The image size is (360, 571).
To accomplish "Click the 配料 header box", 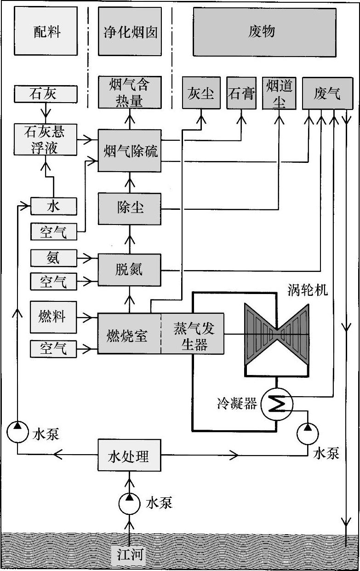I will click(47, 31).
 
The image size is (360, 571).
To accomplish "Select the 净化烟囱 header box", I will click(130, 31).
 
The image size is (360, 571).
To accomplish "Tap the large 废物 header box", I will click(264, 31).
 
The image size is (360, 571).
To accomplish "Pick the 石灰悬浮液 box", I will click(44, 138).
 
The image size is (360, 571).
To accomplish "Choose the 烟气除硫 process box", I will click(130, 150).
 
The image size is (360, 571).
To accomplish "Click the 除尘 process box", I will click(130, 208).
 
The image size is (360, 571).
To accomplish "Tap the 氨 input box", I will click(53, 258).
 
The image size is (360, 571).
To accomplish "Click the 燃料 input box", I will click(53, 317).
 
